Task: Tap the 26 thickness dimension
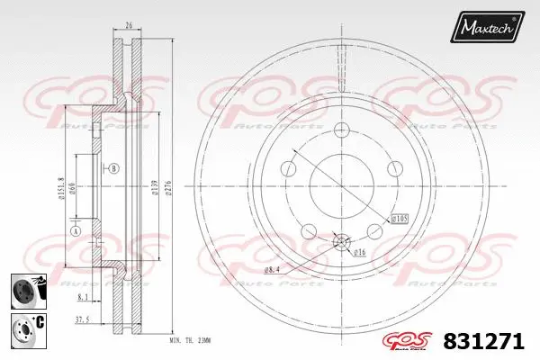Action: pos(130,26)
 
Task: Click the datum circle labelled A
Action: pos(76,230)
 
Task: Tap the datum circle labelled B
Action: pos(114,167)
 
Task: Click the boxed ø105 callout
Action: pos(399,219)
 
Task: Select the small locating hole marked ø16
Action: pos(342,240)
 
